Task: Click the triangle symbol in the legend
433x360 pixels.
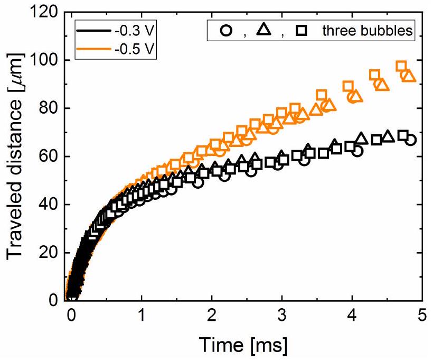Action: tap(263, 31)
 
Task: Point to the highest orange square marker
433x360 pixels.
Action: tap(401, 67)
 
